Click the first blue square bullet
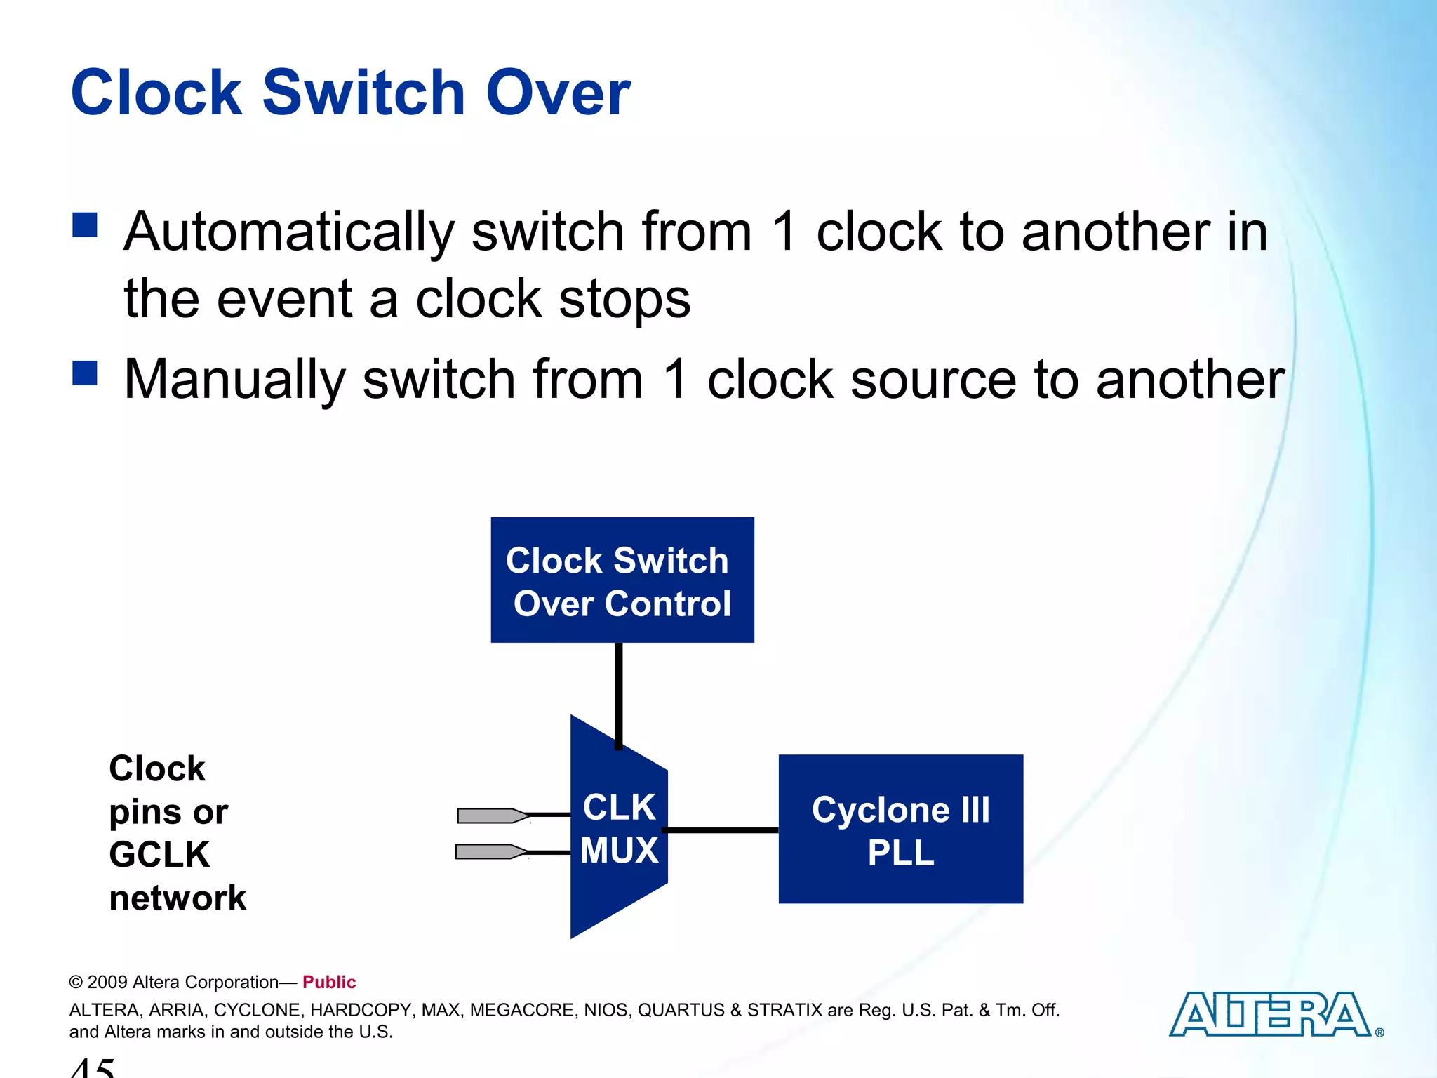click(85, 226)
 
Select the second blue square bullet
click(85, 373)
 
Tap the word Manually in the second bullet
click(234, 380)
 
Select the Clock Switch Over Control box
click(622, 580)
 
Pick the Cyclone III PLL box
click(900, 829)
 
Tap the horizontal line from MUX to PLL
click(721, 830)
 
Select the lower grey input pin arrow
click(490, 852)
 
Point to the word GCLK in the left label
click(159, 855)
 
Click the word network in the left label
click(178, 898)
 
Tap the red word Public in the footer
click(329, 982)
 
